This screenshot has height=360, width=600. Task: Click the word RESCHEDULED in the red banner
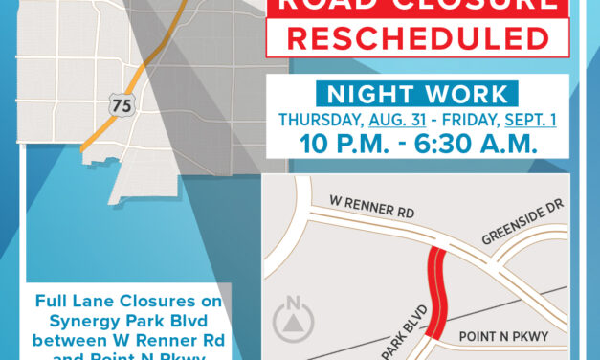[x=413, y=39]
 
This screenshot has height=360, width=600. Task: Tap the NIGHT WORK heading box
[x=413, y=94]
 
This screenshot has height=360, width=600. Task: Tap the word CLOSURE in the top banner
[x=450, y=4]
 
